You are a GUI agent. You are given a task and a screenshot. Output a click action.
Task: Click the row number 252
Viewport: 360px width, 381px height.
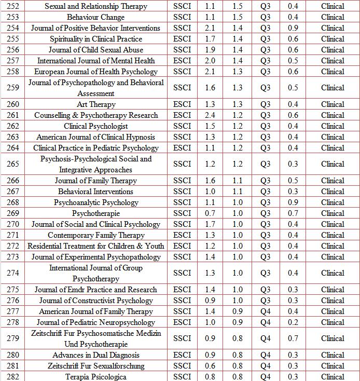point(13,6)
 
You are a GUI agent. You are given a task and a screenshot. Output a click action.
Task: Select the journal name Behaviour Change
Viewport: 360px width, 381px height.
point(96,17)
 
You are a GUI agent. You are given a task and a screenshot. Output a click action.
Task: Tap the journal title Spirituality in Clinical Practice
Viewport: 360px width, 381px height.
point(96,39)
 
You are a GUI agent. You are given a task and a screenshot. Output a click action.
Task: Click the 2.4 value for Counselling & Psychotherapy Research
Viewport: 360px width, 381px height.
point(210,115)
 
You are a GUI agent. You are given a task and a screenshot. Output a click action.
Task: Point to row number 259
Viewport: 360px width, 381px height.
point(13,88)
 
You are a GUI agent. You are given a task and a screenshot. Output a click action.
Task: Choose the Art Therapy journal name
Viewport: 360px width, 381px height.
point(96,104)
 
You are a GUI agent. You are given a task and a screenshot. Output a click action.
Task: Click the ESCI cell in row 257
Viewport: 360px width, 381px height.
point(182,61)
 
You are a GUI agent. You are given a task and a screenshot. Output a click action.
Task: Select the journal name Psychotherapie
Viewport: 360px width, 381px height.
point(96,213)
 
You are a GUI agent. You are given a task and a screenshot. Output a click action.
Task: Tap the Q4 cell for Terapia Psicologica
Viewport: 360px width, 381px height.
point(265,377)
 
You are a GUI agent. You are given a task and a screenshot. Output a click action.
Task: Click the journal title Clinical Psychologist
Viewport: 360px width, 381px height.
point(96,126)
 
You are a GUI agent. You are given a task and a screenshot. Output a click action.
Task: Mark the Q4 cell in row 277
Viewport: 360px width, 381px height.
point(265,311)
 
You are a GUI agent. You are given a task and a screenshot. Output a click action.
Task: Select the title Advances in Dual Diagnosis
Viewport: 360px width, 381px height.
point(96,355)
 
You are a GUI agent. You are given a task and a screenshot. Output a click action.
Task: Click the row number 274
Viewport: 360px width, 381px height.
point(13,273)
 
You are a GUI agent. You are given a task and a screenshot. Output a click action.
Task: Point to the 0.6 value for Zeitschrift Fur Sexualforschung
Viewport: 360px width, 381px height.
point(210,366)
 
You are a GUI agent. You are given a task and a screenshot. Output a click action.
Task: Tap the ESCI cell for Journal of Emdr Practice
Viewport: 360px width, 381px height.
point(182,290)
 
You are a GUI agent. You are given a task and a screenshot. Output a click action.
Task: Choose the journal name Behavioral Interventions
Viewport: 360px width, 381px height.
point(96,192)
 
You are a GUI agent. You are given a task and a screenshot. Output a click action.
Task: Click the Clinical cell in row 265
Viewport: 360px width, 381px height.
point(333,164)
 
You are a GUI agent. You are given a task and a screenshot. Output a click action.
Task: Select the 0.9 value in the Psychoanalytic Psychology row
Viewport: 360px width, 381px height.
point(293,202)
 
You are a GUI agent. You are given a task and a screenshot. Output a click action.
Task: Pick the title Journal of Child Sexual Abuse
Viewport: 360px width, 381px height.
point(96,50)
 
